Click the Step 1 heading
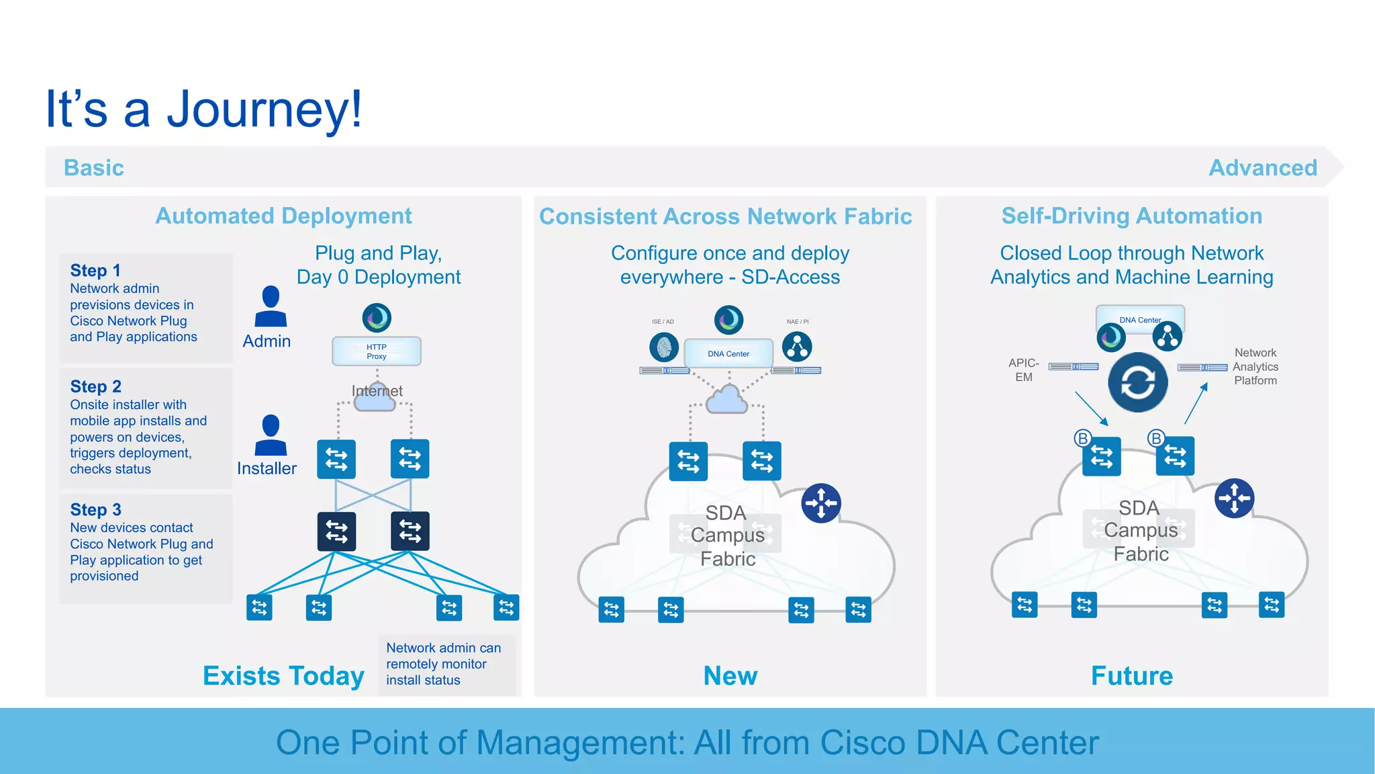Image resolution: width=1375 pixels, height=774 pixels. point(95,271)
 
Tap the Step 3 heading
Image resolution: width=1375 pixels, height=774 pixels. point(95,510)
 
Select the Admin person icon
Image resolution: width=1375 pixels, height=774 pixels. point(271,307)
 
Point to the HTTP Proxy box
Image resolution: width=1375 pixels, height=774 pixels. point(377,351)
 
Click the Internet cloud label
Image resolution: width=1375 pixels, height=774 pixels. point(377,391)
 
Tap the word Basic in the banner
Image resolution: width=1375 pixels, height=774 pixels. point(94,168)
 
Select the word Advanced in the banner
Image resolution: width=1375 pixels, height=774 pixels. point(1263,168)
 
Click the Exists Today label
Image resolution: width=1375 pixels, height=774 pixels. point(283,676)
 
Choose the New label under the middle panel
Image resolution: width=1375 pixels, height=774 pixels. point(730,676)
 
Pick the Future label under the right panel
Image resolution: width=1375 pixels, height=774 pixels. point(1132,676)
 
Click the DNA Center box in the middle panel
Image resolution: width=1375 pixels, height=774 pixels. point(728,353)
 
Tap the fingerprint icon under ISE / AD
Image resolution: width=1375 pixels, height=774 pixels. point(664,347)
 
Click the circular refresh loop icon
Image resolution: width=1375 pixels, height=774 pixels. point(1137,382)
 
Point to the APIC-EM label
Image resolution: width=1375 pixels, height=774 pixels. point(1024,370)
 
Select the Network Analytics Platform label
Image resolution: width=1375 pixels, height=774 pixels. point(1255,367)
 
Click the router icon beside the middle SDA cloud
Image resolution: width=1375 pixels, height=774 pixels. point(820,503)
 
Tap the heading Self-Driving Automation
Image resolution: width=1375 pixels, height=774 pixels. point(1132,216)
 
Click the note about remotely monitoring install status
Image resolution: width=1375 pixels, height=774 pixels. point(444,664)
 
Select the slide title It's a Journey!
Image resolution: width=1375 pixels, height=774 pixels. point(203,109)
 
